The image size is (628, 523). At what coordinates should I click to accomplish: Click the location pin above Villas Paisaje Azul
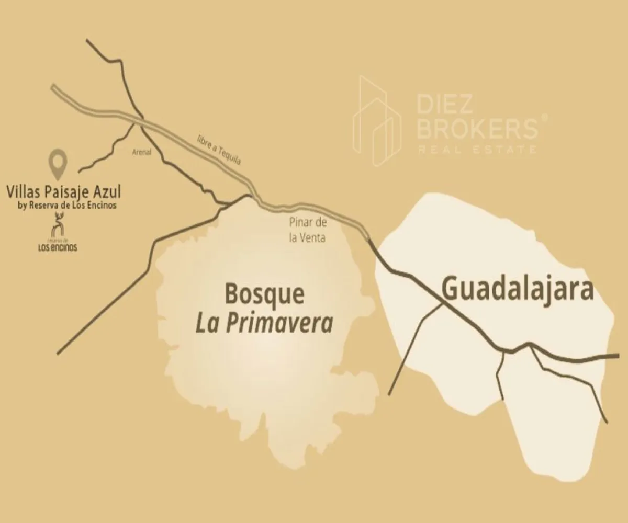coord(58,163)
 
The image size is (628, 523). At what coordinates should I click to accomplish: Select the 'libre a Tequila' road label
coord(218,149)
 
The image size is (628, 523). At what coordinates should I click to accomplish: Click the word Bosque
coord(264,295)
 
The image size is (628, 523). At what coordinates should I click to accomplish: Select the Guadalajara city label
coord(518,289)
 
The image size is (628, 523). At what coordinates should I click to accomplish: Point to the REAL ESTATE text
coord(477,150)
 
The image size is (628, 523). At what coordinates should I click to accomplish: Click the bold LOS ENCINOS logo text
coord(57,247)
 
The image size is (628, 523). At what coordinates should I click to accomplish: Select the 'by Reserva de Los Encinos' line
coord(68,206)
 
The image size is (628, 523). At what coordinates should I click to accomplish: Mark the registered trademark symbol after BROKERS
coord(545,117)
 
